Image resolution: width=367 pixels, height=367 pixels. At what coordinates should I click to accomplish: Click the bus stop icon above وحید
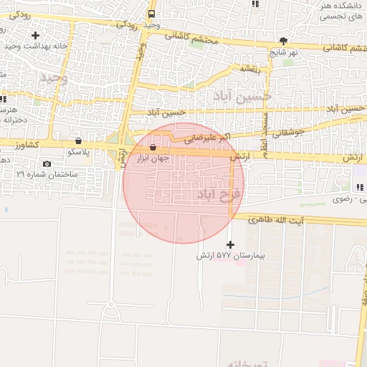[x=151, y=14]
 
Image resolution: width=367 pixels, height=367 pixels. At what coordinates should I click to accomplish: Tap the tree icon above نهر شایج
[x=285, y=41]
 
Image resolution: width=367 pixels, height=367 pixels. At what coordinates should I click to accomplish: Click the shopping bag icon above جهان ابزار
[x=153, y=148]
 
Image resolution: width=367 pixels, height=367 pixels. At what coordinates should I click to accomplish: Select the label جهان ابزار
[x=153, y=159]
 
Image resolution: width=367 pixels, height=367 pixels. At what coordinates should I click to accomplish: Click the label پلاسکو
[x=78, y=153]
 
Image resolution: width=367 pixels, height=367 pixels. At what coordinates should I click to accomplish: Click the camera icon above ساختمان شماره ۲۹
[x=47, y=163]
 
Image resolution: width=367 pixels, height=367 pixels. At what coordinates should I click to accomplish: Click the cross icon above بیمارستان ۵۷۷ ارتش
[x=230, y=244]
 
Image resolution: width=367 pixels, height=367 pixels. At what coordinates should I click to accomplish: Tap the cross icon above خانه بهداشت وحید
[x=35, y=34]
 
